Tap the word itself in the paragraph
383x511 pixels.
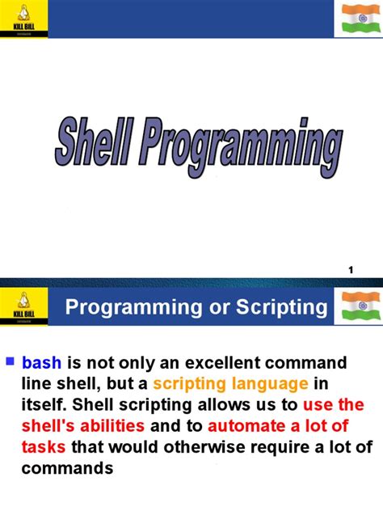click(x=44, y=404)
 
